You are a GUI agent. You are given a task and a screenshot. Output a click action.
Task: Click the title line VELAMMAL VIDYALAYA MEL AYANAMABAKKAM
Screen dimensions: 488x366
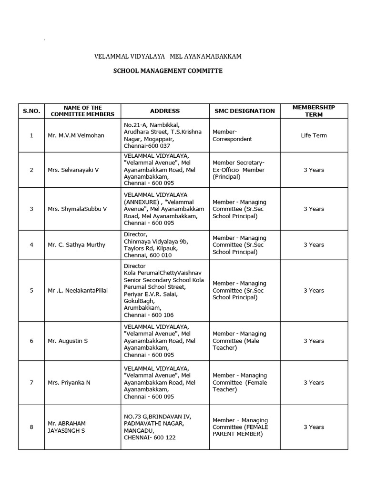[168, 56]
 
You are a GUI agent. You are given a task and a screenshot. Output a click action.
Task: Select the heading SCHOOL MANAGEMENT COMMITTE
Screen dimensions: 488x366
[168, 71]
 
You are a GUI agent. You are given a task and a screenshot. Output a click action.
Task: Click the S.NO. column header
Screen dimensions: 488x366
[31, 111]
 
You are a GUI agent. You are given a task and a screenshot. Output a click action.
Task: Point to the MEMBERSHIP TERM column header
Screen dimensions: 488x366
[314, 111]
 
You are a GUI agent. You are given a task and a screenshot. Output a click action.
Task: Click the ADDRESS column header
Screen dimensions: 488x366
[165, 111]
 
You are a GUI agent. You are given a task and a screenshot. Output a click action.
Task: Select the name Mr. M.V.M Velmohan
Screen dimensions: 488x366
[76, 135]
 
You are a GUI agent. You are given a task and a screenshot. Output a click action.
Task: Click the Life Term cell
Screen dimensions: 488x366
[314, 135]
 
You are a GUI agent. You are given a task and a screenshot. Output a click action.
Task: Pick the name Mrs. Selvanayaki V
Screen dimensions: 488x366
[73, 170]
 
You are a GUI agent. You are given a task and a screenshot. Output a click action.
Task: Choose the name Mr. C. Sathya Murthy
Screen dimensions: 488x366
[76, 244]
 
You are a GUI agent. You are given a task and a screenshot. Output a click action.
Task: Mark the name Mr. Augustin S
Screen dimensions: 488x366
[68, 341]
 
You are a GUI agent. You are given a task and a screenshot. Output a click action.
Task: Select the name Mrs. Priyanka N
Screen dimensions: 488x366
[69, 382]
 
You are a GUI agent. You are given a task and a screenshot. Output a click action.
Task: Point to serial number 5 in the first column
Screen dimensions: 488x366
[31, 290]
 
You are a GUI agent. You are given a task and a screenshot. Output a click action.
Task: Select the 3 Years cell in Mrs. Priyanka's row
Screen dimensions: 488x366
[314, 382]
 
